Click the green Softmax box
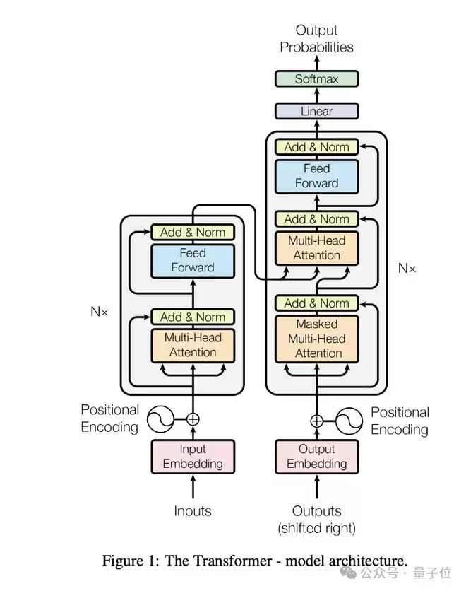pos(316,78)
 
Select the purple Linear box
pos(316,111)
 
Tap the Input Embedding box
pos(193,457)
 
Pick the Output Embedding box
pos(317,457)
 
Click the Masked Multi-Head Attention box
pos(317,339)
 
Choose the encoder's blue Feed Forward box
pos(192,260)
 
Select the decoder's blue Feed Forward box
pos(317,176)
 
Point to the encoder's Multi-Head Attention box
pos(192,345)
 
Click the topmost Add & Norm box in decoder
pos(317,147)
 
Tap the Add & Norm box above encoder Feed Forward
pos(192,232)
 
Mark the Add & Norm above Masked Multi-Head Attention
pos(317,303)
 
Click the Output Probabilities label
pos(316,39)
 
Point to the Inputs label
pos(193,510)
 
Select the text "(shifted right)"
pos(317,528)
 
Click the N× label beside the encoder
pos(100,311)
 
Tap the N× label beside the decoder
pos(407,268)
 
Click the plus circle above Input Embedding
pos(192,419)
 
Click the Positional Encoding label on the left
pos(109,418)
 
